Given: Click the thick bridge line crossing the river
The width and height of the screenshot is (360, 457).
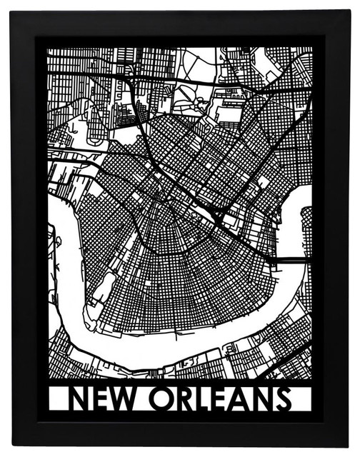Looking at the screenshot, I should [x=289, y=260].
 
